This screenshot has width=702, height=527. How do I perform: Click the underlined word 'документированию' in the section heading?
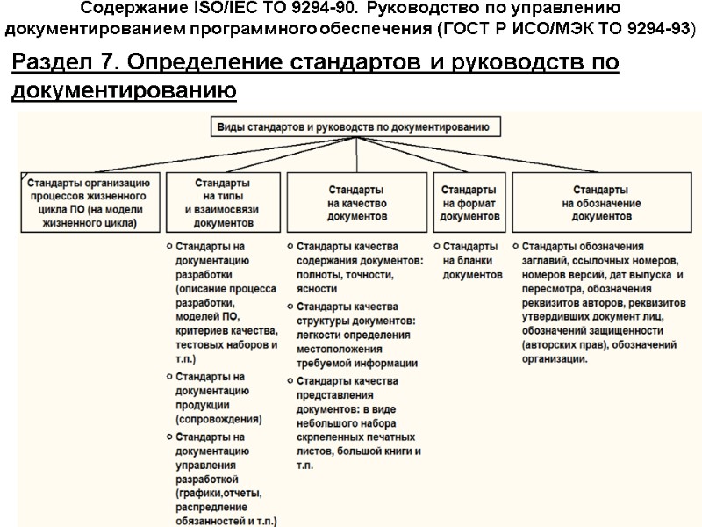click(124, 90)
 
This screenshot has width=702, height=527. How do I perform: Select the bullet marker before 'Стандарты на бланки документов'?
click(437, 246)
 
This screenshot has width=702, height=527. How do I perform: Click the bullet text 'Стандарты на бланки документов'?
click(472, 260)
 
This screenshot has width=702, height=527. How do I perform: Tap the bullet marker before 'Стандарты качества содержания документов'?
click(291, 246)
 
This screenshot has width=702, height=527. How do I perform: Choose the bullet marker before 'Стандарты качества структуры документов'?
click(291, 307)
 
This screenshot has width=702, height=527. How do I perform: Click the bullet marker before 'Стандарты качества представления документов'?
click(291, 381)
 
